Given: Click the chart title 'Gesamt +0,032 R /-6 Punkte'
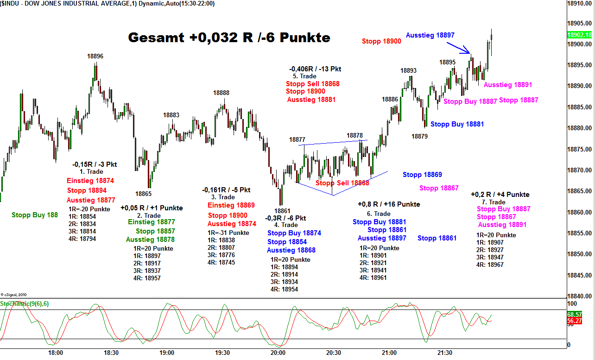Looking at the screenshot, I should [x=229, y=38].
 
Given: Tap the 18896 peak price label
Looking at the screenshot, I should [x=95, y=56].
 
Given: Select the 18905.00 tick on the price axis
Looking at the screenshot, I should [x=580, y=23].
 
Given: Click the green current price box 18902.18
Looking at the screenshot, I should [x=579, y=35].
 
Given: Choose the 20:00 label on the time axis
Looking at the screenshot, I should [x=278, y=353].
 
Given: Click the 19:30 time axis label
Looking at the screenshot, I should [x=222, y=353].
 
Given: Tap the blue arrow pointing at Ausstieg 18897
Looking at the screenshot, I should [x=459, y=48].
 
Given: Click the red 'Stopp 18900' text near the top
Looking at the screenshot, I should [x=381, y=41].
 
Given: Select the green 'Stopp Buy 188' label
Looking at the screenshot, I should [x=35, y=215].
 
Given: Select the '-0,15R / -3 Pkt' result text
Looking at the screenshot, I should [x=95, y=164].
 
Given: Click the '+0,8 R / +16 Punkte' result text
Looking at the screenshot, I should [x=389, y=204].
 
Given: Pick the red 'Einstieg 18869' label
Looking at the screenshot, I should [x=231, y=205].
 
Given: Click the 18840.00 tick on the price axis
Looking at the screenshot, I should [x=580, y=296].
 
